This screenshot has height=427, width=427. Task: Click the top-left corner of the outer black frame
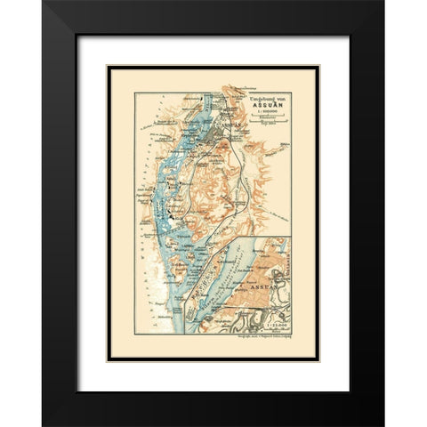click(x=43, y=2)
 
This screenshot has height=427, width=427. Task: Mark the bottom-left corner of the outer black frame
click(x=43, y=424)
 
